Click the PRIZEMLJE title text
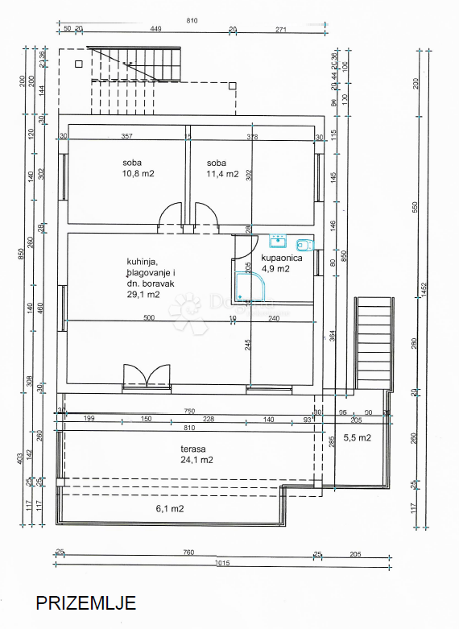85,602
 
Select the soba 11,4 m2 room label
221,168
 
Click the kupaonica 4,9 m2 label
281,263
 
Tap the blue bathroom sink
277,240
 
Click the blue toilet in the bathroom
304,245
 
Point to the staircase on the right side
374,343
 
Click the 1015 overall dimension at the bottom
223,563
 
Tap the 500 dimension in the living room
149,318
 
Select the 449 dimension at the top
155,29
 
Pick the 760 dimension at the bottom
188,552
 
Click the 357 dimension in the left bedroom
126,136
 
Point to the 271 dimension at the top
280,29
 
